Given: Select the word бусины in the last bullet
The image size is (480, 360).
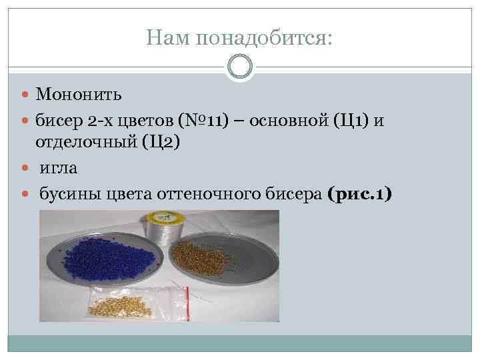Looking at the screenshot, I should tap(65, 194).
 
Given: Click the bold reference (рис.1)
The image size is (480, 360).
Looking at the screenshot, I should tap(360, 194).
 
